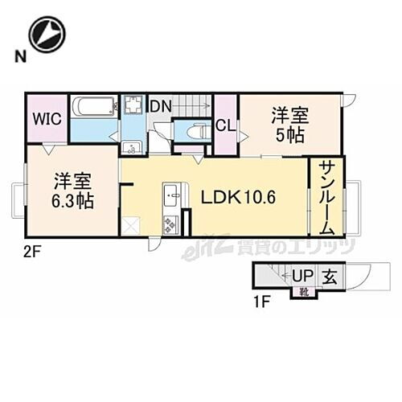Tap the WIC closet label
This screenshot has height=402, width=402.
pyautogui.click(x=47, y=118)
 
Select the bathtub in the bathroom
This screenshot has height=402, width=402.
pyautogui.click(x=94, y=108)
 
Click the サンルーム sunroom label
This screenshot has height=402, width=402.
pyautogui.click(x=326, y=197)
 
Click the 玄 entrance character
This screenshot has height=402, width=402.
pyautogui.click(x=330, y=277)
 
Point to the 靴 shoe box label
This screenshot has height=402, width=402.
pyautogui.click(x=304, y=291)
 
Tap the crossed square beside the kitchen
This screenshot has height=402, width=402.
pyautogui.click(x=131, y=226)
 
